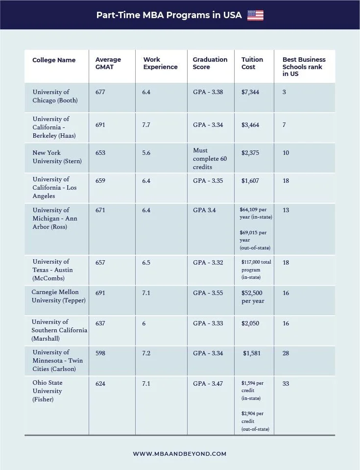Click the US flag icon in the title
point(255,15)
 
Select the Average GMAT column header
point(108,63)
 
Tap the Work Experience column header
point(160,63)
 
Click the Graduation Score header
point(210,63)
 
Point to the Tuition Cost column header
point(252,63)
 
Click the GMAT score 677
point(100,92)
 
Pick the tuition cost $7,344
point(250,92)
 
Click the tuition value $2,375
point(250,153)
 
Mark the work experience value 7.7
point(146,125)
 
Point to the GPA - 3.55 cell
point(208,293)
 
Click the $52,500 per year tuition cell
point(253,297)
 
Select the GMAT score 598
point(100,353)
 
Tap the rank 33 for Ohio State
point(286,384)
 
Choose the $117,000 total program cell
point(256,270)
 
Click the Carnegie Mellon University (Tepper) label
point(58,296)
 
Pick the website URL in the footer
point(179,454)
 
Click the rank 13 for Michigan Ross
point(286,210)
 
